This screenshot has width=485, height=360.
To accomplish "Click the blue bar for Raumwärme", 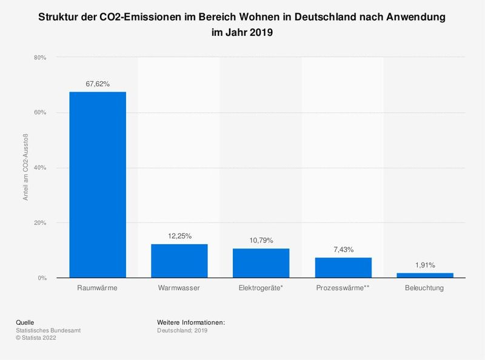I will click(x=98, y=185).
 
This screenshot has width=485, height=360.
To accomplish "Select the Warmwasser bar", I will click(x=179, y=261).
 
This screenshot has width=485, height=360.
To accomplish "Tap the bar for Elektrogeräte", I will click(x=261, y=263).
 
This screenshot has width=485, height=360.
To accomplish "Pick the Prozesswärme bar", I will click(x=343, y=268).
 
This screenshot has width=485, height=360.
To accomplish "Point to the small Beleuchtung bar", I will click(x=424, y=275).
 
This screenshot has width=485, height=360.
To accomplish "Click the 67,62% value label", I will click(x=98, y=84).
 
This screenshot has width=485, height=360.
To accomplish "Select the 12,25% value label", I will click(x=179, y=236).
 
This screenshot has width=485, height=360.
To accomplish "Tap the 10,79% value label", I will click(x=261, y=241).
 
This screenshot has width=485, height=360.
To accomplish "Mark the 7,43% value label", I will click(x=343, y=250).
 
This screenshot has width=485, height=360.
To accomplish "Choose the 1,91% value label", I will click(x=424, y=265).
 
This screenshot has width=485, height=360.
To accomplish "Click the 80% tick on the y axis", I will click(x=40, y=58).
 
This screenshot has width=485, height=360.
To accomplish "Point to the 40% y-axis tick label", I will click(x=40, y=168).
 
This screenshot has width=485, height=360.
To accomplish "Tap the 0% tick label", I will click(x=42, y=278).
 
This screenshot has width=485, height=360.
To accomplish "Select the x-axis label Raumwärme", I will click(x=98, y=288).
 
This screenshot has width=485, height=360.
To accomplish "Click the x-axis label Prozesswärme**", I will click(x=343, y=288).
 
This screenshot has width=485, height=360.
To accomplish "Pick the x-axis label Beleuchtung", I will click(x=424, y=288).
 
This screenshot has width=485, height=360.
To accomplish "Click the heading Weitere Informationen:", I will click(x=191, y=322).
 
